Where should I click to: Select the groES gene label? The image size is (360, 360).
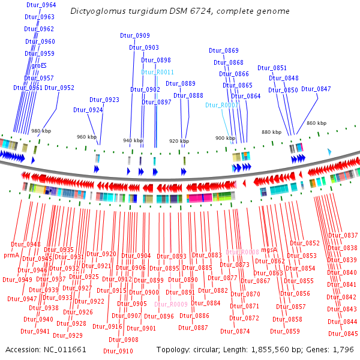[35, 65]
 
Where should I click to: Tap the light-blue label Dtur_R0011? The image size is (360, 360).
[157, 72]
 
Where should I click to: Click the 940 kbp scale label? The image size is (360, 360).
[133, 140]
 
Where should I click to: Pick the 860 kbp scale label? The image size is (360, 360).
[316, 123]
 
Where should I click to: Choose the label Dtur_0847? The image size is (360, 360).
[316, 89]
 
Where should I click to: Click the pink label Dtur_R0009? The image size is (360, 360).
[171, 304]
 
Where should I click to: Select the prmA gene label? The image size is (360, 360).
[12, 255]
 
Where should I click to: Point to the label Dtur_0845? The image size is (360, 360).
[343, 334]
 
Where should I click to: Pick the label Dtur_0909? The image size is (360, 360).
[135, 35]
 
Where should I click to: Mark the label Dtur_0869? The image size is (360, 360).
[224, 50]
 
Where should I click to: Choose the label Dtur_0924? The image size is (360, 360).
[88, 110]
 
